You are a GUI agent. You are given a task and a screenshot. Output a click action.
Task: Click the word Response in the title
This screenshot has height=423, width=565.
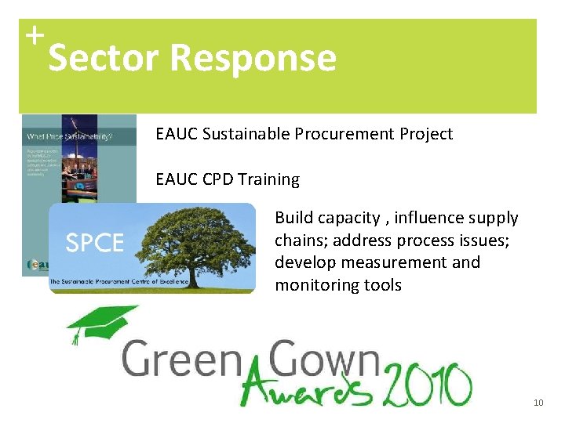click(253, 58)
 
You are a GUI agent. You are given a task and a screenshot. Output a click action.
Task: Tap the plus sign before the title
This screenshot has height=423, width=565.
click(33, 34)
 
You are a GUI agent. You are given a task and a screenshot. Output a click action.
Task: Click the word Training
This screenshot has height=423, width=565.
click(269, 179)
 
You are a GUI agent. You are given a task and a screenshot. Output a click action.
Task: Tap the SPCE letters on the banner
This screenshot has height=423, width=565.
click(94, 244)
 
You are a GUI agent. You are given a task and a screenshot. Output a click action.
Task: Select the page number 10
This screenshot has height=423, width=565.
click(538, 403)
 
